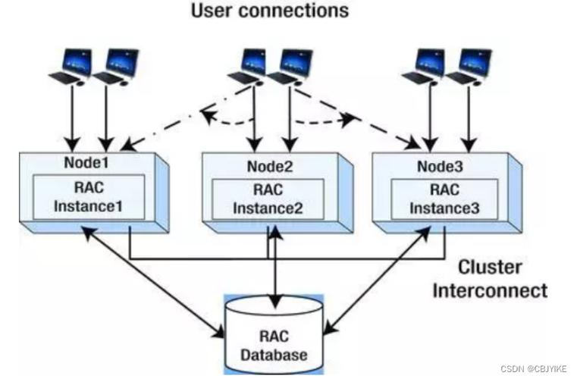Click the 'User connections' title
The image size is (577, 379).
269,11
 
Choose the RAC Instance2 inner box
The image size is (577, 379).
267,199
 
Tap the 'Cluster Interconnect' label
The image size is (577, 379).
489,278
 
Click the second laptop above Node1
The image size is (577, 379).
115,66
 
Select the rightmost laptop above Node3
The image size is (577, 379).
466,66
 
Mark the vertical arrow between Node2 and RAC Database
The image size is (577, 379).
274,262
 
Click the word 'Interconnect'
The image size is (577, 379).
490,290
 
